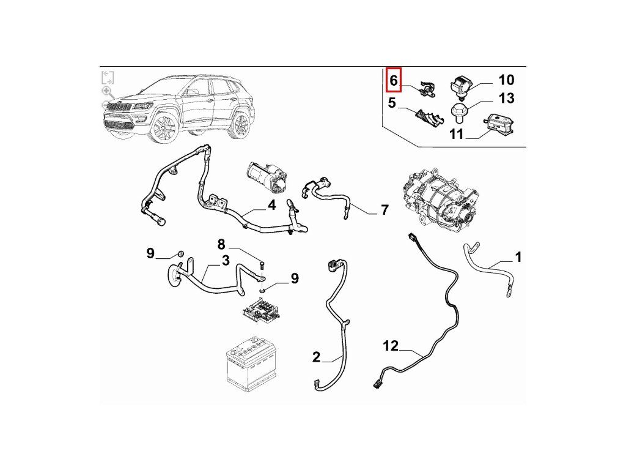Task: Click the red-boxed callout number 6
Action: [x=394, y=80]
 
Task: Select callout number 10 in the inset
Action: [x=506, y=80]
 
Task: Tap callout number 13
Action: [x=507, y=99]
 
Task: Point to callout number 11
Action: [x=457, y=134]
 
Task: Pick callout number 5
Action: [x=392, y=103]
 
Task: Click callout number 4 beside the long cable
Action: [x=271, y=206]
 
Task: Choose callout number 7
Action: [x=385, y=211]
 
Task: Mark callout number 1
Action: [x=518, y=257]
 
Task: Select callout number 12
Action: [x=391, y=346]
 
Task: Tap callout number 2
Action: [x=316, y=357]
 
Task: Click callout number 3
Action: [x=226, y=261]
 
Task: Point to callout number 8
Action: [x=221, y=244]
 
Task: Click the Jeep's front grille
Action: [x=119, y=108]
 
